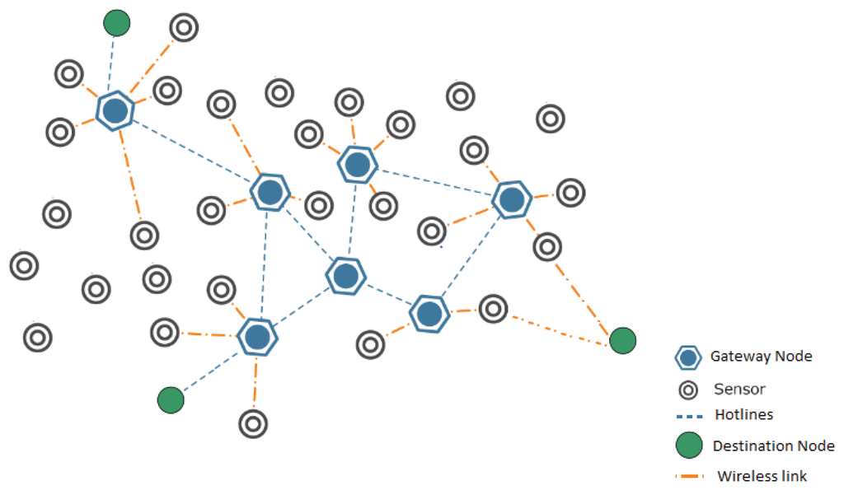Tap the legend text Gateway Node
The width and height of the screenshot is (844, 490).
click(761, 357)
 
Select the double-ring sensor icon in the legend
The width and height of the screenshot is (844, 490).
click(687, 390)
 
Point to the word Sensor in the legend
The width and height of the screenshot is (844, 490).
click(739, 389)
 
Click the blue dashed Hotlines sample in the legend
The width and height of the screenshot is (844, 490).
click(689, 416)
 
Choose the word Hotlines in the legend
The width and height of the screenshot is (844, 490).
click(743, 415)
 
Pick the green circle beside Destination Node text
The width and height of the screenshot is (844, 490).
click(688, 446)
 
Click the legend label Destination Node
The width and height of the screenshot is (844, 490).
click(773, 446)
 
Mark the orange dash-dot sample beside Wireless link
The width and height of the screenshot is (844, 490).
click(690, 476)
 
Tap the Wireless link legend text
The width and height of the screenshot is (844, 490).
click(762, 476)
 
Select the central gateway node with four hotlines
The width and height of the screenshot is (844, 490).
click(346, 276)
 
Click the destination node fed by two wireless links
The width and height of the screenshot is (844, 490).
click(622, 339)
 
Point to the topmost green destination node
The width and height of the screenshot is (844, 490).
click(117, 22)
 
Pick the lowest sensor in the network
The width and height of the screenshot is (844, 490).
click(253, 423)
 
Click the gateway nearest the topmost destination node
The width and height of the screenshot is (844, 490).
click(115, 110)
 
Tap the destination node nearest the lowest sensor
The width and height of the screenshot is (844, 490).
click(171, 400)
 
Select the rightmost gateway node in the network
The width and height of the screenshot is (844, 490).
click(511, 198)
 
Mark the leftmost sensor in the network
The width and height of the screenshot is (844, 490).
click(24, 266)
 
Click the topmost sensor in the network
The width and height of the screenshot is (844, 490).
click(184, 27)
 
